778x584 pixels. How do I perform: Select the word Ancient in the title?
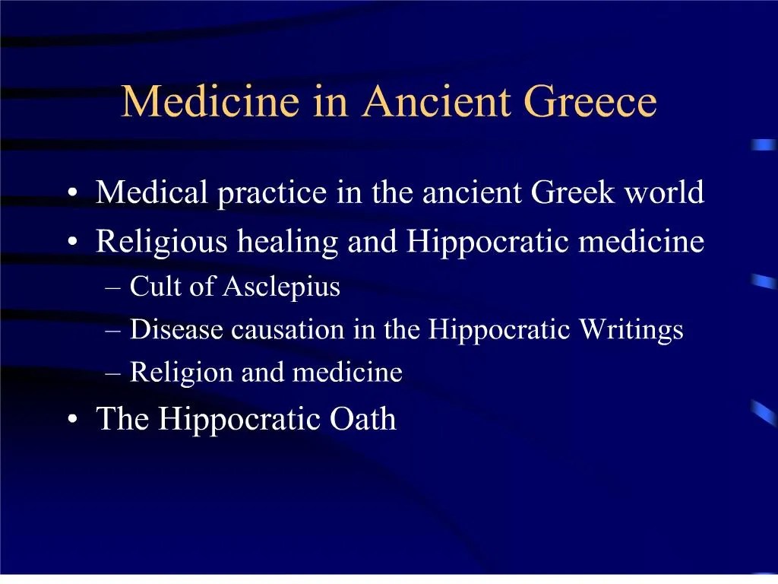point(438,103)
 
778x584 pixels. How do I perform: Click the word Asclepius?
point(281,287)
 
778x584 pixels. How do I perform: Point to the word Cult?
point(153,287)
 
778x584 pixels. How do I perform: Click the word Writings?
point(631,330)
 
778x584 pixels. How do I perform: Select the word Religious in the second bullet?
point(162,243)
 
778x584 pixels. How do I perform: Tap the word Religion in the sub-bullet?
point(182,373)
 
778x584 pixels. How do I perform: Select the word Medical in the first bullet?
point(152,193)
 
